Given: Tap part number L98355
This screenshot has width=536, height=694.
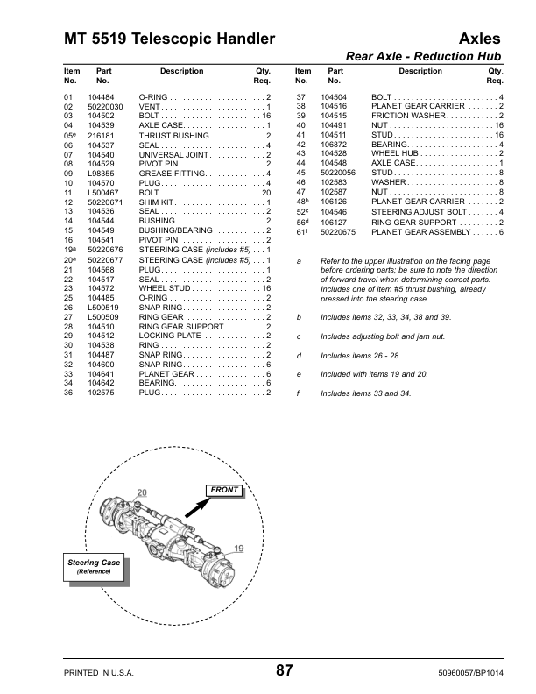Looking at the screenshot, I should (x=102, y=173).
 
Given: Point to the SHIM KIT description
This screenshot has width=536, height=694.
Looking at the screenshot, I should (x=158, y=202).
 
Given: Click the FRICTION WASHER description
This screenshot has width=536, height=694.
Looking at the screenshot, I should (x=409, y=116).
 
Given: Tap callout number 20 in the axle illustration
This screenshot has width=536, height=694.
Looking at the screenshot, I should (x=141, y=492).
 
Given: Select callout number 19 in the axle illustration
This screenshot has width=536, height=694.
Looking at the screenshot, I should (x=237, y=548).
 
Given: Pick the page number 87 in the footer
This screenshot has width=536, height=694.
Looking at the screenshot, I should (x=285, y=670).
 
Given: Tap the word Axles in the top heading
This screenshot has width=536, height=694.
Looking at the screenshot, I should (x=480, y=39).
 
